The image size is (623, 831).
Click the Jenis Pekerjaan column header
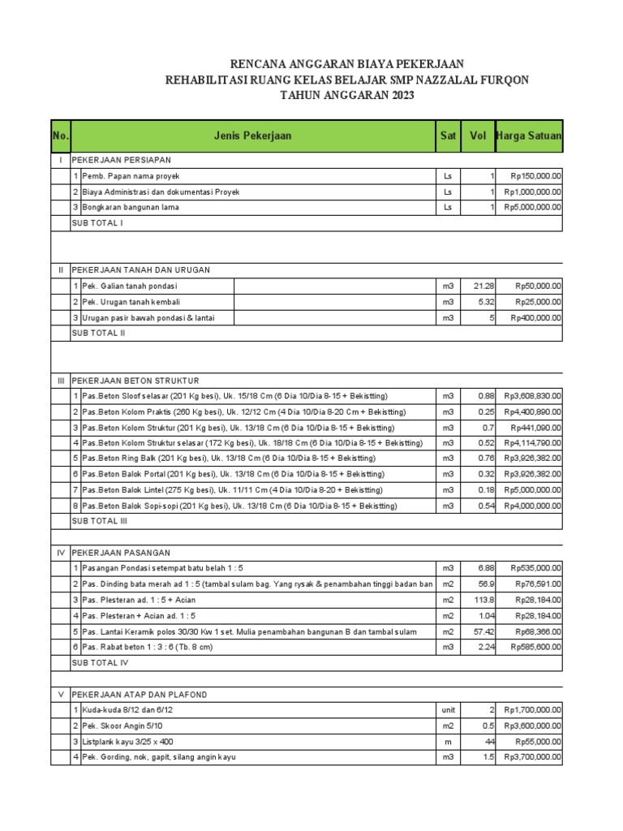(253, 136)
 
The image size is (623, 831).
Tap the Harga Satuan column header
(529, 136)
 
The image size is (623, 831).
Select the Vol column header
(477, 136)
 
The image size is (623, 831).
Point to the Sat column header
(448, 136)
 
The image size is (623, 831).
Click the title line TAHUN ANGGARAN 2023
(347, 96)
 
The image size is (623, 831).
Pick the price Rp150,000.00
(535, 176)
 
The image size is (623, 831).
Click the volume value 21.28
(483, 286)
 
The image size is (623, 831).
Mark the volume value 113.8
(484, 600)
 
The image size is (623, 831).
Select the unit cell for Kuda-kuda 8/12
(448, 710)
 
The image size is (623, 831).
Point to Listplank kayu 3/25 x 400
(127, 742)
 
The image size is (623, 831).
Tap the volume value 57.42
(483, 631)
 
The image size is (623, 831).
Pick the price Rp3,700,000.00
(532, 757)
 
